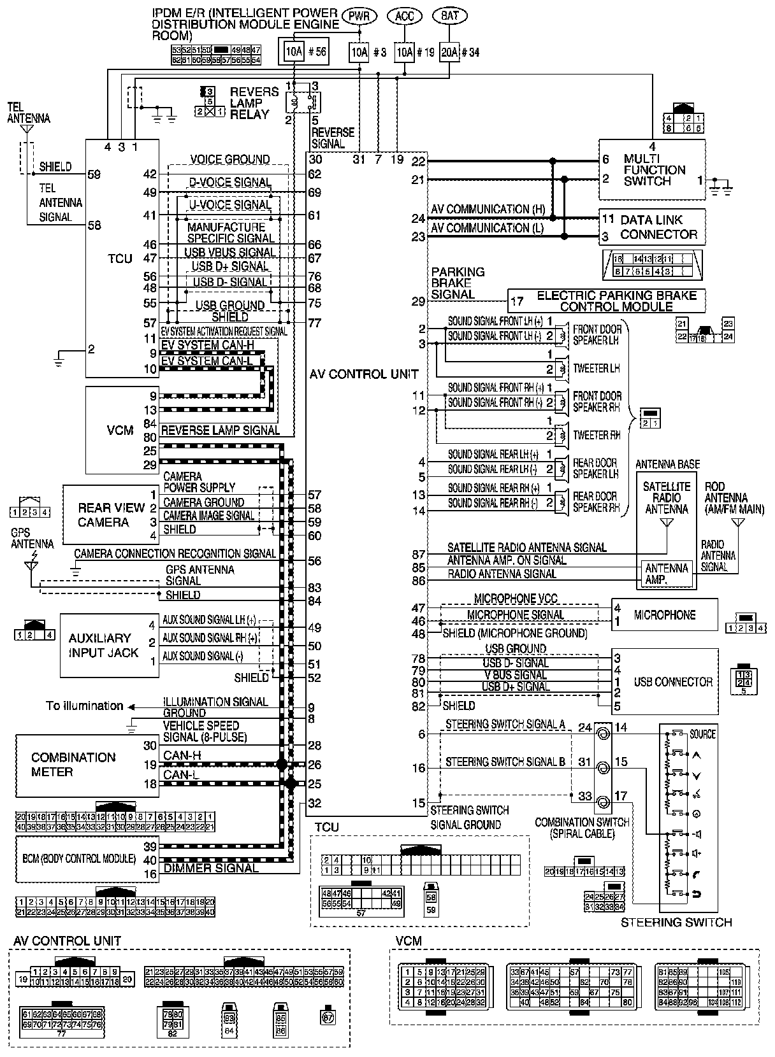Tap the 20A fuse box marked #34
click(x=449, y=52)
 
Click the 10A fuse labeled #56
click(x=293, y=52)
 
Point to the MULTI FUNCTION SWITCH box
click(x=651, y=170)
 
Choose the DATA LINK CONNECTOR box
click(x=651, y=227)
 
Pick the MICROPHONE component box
click(x=663, y=615)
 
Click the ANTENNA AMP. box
click(x=666, y=574)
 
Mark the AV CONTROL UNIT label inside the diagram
click(x=364, y=374)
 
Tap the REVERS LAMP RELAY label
click(x=254, y=103)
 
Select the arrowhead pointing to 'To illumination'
click(x=131, y=706)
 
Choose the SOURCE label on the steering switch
click(x=702, y=734)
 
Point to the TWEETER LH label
click(x=596, y=369)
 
